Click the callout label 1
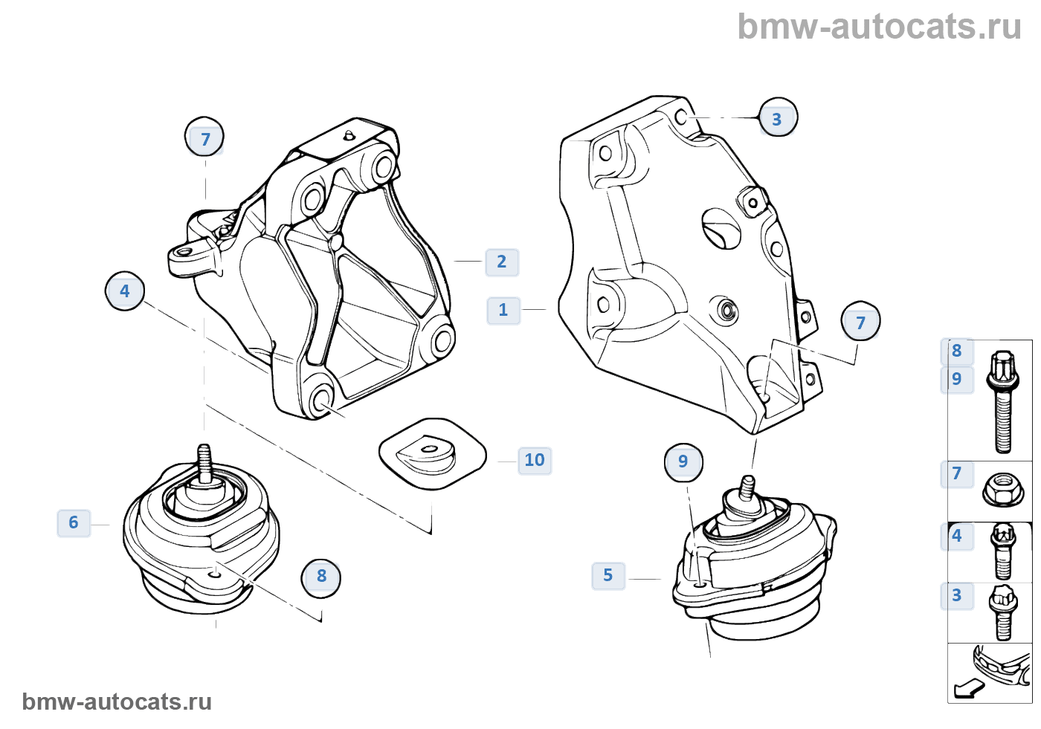pos(503,310)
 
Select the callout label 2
pos(502,262)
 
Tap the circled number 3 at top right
pos(777,119)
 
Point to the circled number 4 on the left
pos(125,291)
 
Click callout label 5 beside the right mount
pos(608,575)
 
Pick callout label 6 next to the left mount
pos(74,522)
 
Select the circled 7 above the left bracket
pos(204,138)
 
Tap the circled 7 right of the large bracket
pos(860,323)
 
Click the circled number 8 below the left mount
pos(321,577)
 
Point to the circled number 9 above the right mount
pos(683,462)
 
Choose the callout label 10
pos(535,460)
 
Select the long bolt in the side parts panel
pos(1002,401)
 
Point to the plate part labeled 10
pos(431,453)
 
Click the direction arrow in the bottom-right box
pos(968,689)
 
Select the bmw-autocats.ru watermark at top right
pos(879,27)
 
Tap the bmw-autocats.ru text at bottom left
pos(117,702)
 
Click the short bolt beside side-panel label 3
pos(1002,612)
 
